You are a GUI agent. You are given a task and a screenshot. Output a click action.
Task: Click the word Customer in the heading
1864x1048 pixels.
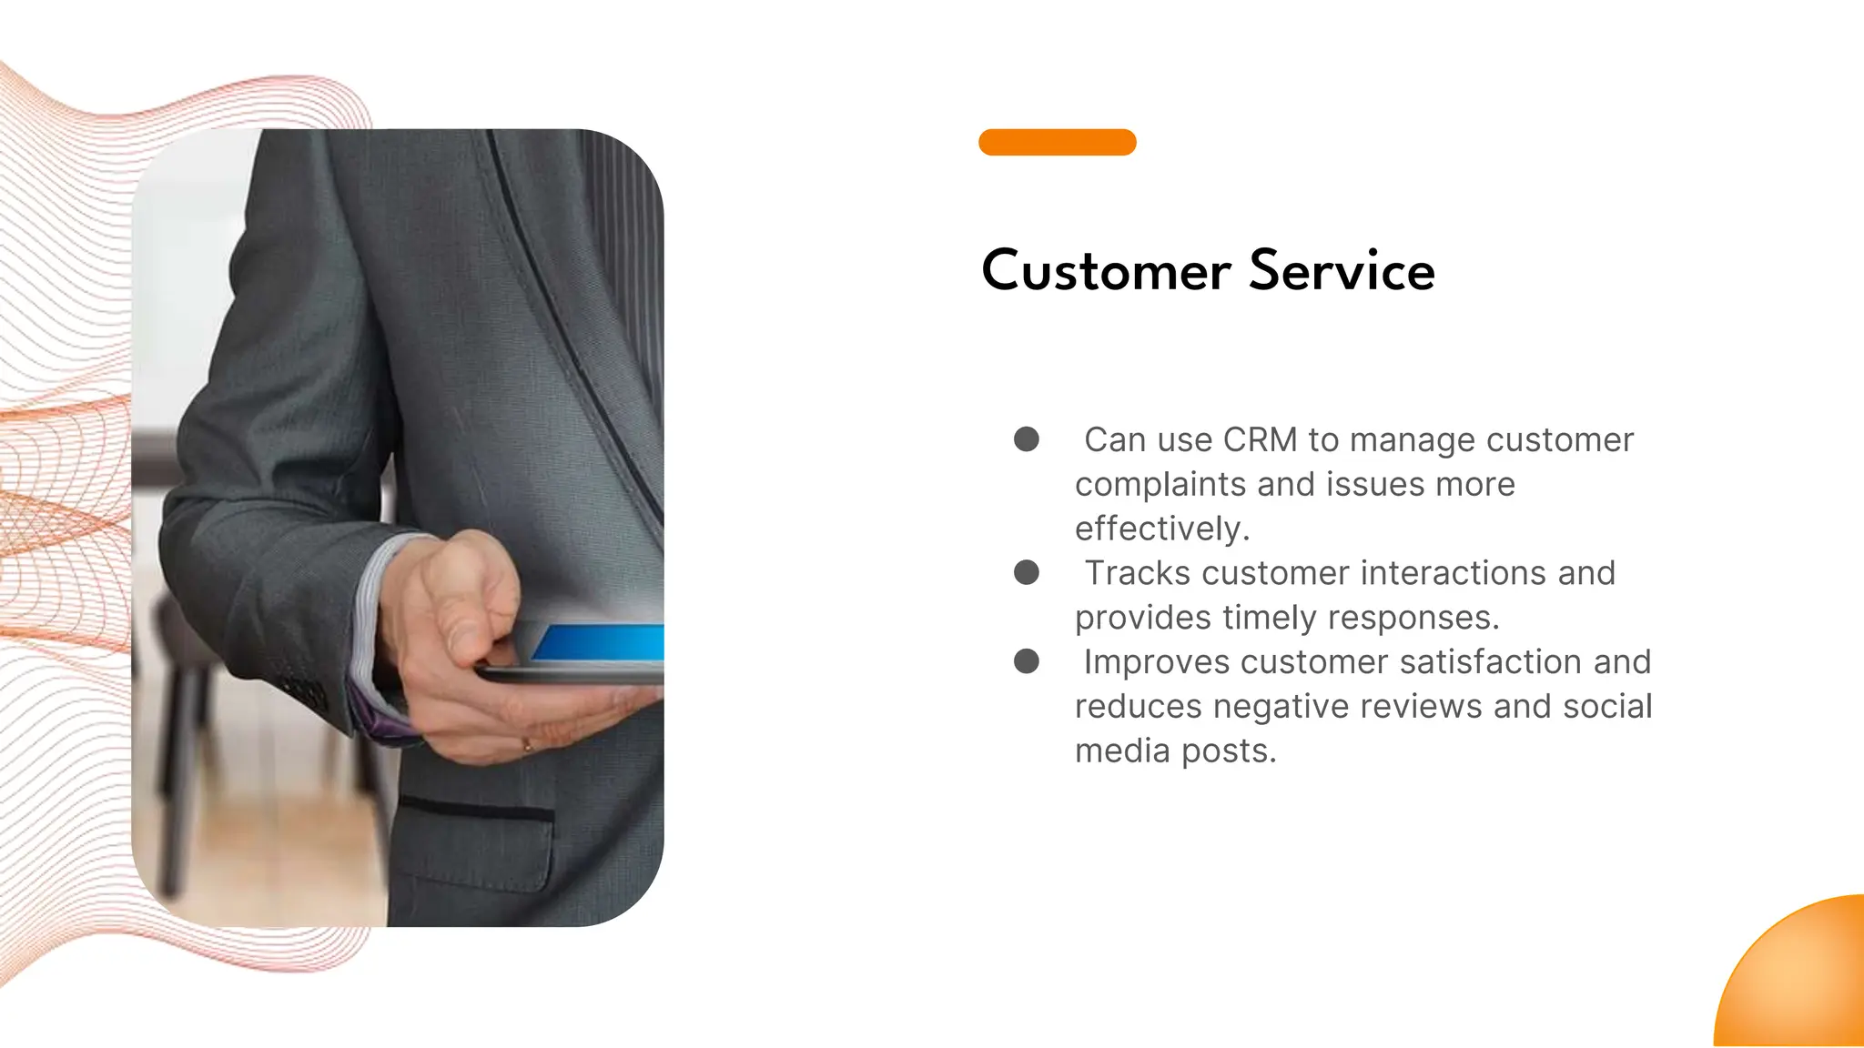(x=1106, y=271)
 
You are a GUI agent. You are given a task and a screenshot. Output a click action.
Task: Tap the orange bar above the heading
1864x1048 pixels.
(x=1057, y=143)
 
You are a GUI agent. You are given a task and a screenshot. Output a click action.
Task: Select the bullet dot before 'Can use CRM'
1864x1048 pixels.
(x=1027, y=439)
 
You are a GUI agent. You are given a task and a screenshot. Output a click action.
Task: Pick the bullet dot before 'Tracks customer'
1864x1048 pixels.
(x=1027, y=572)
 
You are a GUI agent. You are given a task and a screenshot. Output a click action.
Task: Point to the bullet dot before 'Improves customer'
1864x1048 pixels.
(x=1027, y=661)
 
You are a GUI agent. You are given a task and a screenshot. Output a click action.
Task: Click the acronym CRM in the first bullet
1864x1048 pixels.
(x=1260, y=440)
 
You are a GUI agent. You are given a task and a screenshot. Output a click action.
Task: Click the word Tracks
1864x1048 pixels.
(x=1138, y=573)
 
